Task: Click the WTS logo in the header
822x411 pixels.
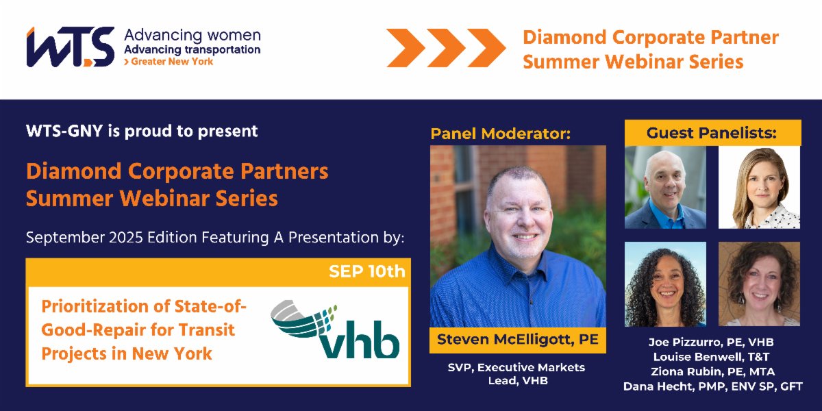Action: pyautogui.click(x=70, y=47)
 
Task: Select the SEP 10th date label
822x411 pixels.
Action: pyautogui.click(x=366, y=271)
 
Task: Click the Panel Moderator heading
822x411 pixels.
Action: pyautogui.click(x=500, y=134)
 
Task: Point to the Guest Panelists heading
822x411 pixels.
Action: pyautogui.click(x=712, y=133)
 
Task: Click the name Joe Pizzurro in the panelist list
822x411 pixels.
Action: pyautogui.click(x=712, y=342)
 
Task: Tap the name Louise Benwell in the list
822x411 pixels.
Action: pyautogui.click(x=712, y=357)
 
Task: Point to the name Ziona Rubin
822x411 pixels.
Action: pyautogui.click(x=712, y=372)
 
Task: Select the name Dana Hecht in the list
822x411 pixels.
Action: pyautogui.click(x=712, y=387)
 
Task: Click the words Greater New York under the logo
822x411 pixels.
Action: pyautogui.click(x=170, y=62)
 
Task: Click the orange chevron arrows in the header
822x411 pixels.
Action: pyautogui.click(x=445, y=48)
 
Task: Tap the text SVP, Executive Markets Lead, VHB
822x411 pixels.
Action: pyautogui.click(x=517, y=374)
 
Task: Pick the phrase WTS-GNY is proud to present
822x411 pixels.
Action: pyautogui.click(x=142, y=131)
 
